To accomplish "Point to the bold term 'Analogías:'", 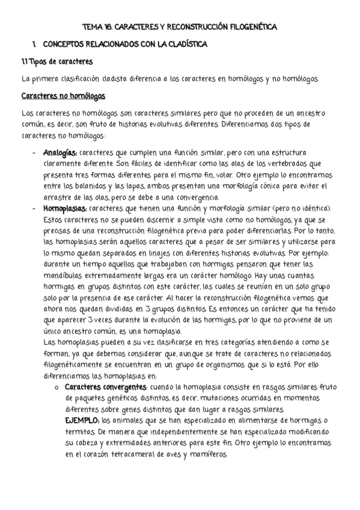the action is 60,153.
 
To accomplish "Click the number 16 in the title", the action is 107,28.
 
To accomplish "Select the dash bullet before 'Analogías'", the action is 34,153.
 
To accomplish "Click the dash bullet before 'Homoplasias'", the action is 34,208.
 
